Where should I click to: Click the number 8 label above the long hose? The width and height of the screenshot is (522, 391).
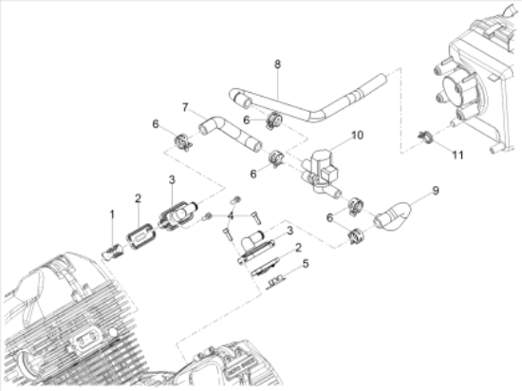point(277,65)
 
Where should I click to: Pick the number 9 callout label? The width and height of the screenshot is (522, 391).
point(436,191)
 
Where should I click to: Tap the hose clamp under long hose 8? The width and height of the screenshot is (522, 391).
point(274,121)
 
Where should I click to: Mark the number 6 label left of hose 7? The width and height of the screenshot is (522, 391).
point(155,124)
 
